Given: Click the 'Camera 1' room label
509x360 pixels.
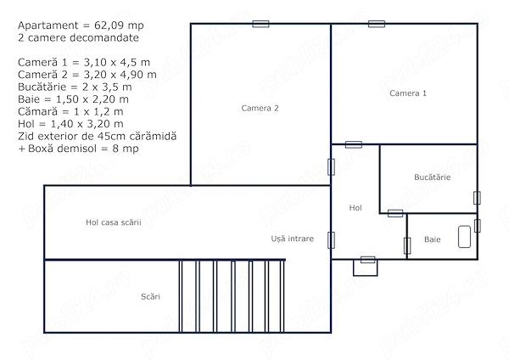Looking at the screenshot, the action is click(408, 93).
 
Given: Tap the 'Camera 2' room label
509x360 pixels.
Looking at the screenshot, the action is click(260, 108).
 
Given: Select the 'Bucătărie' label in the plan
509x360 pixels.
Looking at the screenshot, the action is click(432, 177).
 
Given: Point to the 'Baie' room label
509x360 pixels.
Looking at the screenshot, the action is click(432, 239).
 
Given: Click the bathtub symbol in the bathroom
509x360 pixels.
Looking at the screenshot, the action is click(464, 237).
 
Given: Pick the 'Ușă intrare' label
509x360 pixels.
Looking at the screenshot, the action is click(292, 239).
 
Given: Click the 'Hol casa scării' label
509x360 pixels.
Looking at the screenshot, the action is click(114, 222).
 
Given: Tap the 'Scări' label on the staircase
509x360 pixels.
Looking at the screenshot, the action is click(150, 296).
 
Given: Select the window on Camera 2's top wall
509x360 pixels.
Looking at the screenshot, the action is click(260, 24).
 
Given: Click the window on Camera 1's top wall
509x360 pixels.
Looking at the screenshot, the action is click(377, 24).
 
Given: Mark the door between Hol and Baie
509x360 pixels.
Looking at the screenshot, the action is click(407, 245).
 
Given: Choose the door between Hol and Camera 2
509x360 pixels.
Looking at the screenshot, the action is click(331, 167).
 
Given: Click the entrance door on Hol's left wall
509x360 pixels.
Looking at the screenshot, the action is click(331, 240).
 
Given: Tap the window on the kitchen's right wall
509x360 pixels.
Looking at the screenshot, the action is click(477, 198).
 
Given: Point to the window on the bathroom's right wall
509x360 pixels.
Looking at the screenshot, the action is click(477, 226).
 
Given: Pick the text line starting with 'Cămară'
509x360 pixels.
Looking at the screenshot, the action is click(70, 112).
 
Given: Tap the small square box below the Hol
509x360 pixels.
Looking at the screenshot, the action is click(365, 267).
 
